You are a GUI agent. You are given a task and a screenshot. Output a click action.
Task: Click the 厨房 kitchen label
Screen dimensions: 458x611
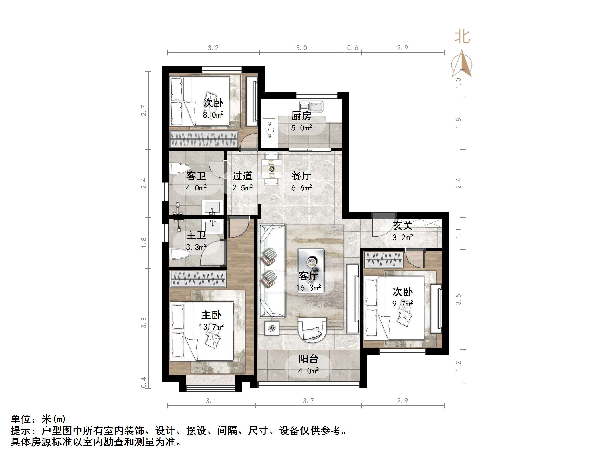pos(301,116)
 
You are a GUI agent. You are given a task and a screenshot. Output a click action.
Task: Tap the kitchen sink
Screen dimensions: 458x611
pos(311,107)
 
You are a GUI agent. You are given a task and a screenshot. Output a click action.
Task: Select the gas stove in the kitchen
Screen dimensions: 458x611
pos(269,130)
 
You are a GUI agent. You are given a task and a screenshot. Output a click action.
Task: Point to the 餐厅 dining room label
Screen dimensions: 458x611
pos(301,176)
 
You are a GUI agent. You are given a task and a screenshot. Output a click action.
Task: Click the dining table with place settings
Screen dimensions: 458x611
pos(271,169)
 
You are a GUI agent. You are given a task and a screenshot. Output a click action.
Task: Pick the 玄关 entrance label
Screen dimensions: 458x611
pos(402,226)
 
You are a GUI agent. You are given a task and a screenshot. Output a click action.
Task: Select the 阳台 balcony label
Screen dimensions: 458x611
pos(308,359)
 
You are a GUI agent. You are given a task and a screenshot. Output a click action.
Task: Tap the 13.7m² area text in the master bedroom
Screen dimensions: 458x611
pos(211,327)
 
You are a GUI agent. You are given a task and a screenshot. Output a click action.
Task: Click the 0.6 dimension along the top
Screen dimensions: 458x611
pos(352,48)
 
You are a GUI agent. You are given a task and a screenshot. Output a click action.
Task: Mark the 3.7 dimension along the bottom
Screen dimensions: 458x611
pos(308,401)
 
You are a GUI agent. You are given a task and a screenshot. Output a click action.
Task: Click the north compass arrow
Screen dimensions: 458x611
pos(462,64)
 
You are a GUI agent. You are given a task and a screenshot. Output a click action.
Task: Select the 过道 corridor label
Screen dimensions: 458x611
pos(242,176)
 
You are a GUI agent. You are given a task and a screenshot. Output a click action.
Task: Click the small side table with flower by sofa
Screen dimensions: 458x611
pos(271,328)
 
